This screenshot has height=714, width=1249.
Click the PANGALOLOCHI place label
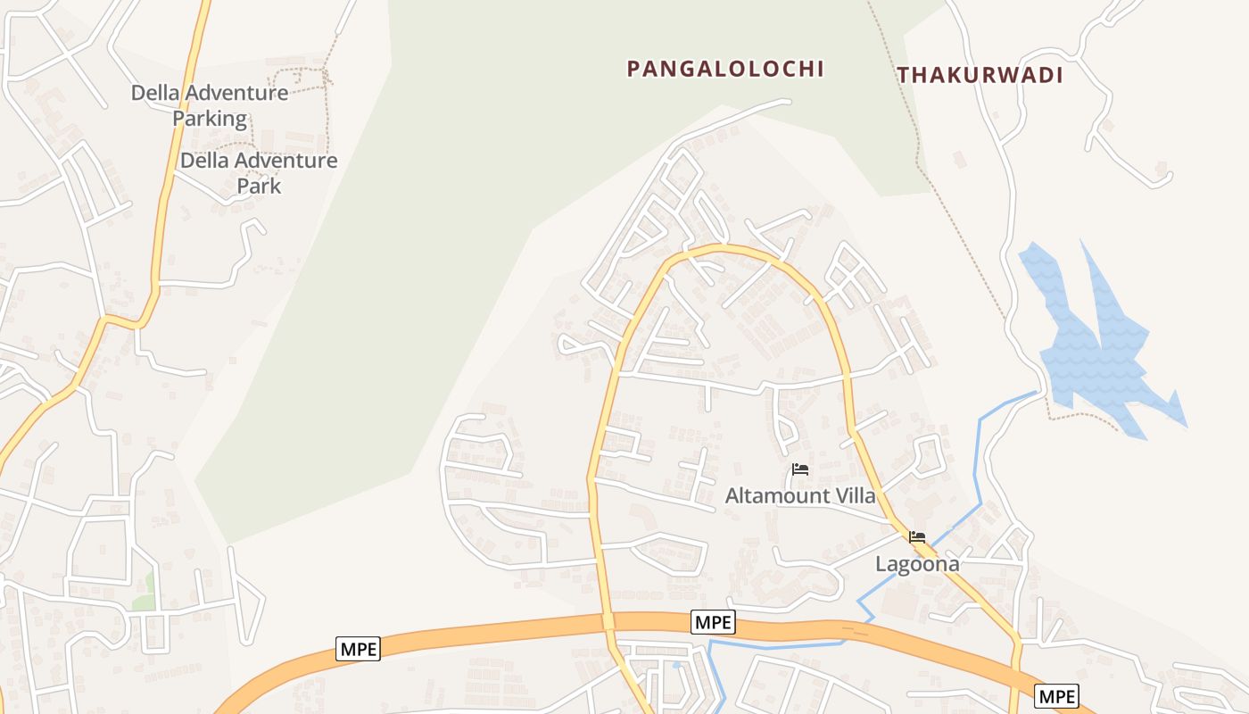[724, 69]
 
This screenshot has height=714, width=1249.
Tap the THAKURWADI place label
[980, 75]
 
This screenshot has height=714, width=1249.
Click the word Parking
[210, 118]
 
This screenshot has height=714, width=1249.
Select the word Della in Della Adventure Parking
[154, 93]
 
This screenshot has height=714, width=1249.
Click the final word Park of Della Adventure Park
[259, 186]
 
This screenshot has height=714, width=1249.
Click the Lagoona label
[917, 564]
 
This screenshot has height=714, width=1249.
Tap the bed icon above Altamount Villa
[800, 469]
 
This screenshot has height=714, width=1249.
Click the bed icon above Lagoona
[917, 537]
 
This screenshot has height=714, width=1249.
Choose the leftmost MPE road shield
[358, 649]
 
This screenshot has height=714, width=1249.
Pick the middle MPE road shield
[713, 622]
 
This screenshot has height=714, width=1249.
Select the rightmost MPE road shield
[1057, 695]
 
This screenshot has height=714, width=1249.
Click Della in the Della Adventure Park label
[203, 161]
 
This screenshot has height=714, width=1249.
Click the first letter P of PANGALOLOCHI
[633, 69]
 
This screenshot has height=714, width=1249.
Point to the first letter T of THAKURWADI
[903, 75]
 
